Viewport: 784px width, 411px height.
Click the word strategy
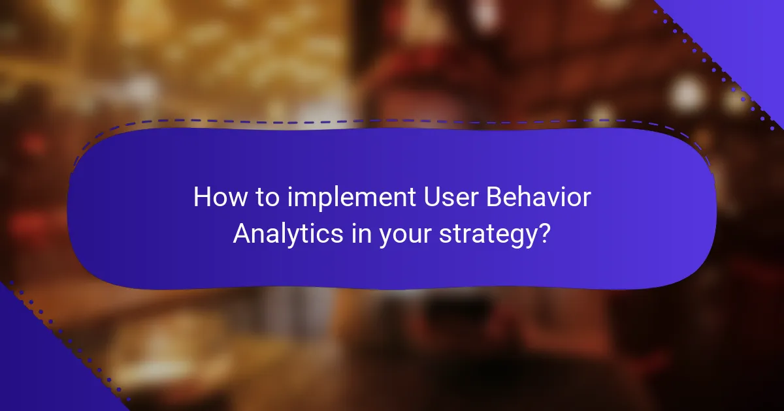(487, 234)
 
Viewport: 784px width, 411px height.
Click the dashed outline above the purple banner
(392, 120)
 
